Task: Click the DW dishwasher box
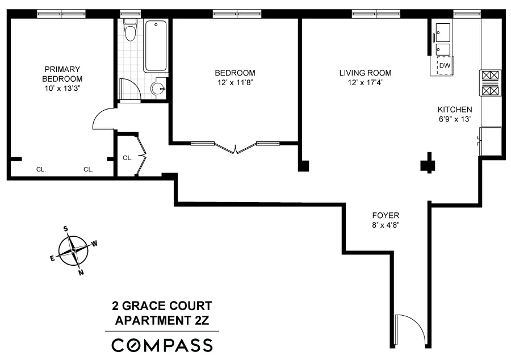pos(444,66)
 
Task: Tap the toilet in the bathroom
pos(131,31)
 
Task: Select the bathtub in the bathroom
pos(156,45)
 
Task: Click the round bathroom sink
pos(159,88)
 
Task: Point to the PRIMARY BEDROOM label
pos(62,74)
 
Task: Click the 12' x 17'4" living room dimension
pos(365,83)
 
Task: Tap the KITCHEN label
pos(454,110)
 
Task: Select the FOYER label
pos(386,215)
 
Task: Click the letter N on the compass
pos(81,272)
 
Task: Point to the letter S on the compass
pos(66,229)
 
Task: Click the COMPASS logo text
pos(162,345)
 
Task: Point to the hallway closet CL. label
pos(128,158)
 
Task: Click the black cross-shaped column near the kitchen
pos(427,165)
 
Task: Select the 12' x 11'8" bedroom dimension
pos(234,83)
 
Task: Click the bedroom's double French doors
pos(234,148)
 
